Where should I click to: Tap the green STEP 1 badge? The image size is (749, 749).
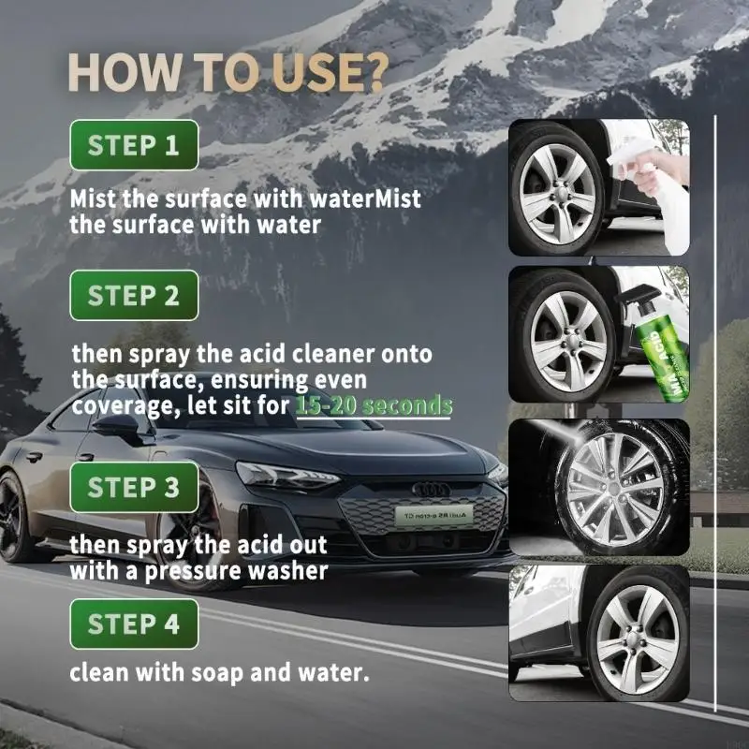click(x=134, y=145)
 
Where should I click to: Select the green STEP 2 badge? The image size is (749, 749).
click(x=134, y=296)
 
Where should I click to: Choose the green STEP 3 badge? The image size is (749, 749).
click(x=134, y=487)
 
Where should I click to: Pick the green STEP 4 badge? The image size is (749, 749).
click(x=134, y=624)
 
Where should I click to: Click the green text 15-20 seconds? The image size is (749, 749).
click(x=374, y=406)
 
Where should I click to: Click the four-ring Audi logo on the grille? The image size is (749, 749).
click(x=432, y=489)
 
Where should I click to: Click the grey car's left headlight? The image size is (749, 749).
click(x=286, y=476)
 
